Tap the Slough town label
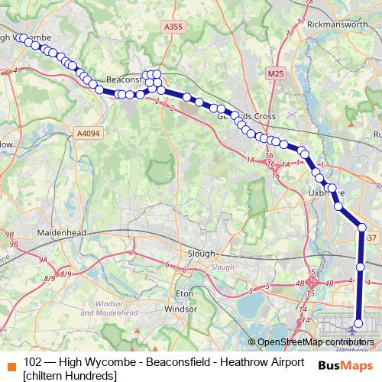203,253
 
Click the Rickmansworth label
338,24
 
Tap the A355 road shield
173,27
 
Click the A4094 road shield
88,134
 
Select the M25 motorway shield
275,73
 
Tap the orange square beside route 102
11,362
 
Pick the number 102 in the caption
32,361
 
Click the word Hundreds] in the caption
93,375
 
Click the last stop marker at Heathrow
359,330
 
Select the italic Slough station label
222,267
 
